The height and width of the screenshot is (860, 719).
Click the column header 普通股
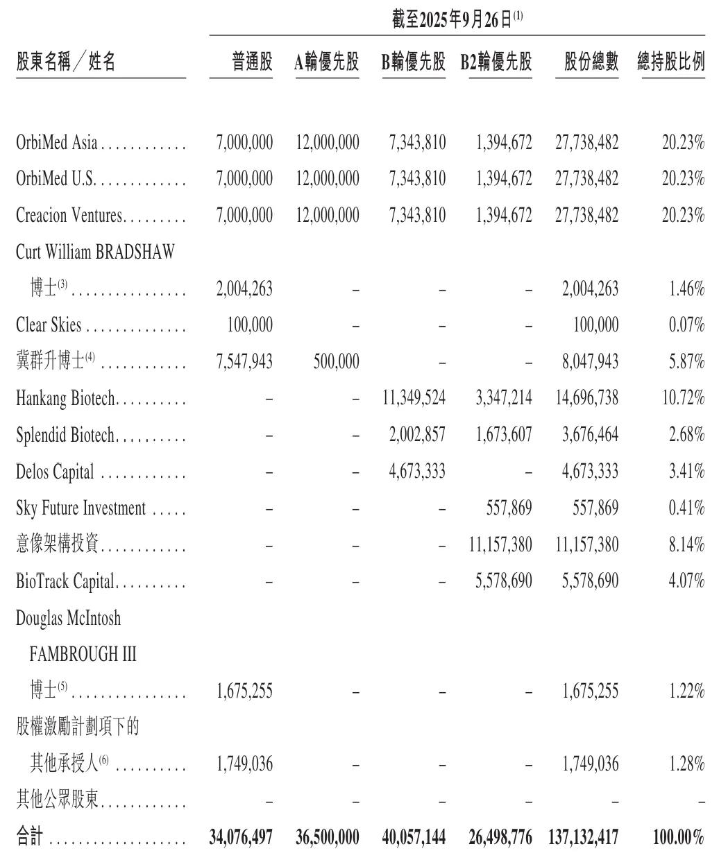(x=252, y=63)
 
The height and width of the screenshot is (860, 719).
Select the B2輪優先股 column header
(x=496, y=63)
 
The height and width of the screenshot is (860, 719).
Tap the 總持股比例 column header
(x=670, y=63)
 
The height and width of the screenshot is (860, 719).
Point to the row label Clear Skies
(x=49, y=325)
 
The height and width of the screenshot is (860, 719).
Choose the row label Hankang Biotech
(x=65, y=399)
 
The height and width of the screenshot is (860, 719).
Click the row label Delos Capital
(x=55, y=472)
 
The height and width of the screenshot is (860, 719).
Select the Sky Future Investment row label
(x=81, y=508)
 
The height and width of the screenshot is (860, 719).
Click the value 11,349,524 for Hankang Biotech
(x=414, y=398)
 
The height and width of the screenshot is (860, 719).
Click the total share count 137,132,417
(x=586, y=837)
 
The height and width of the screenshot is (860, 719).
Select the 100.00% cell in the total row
(x=678, y=837)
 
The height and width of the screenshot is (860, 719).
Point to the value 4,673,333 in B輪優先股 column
(x=417, y=472)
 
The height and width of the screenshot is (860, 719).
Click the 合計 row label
(x=29, y=837)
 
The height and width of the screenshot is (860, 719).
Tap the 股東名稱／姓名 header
(x=66, y=63)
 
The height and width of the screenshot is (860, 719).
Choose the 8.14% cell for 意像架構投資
(x=686, y=544)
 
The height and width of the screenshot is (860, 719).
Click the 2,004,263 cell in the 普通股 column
(x=244, y=289)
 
